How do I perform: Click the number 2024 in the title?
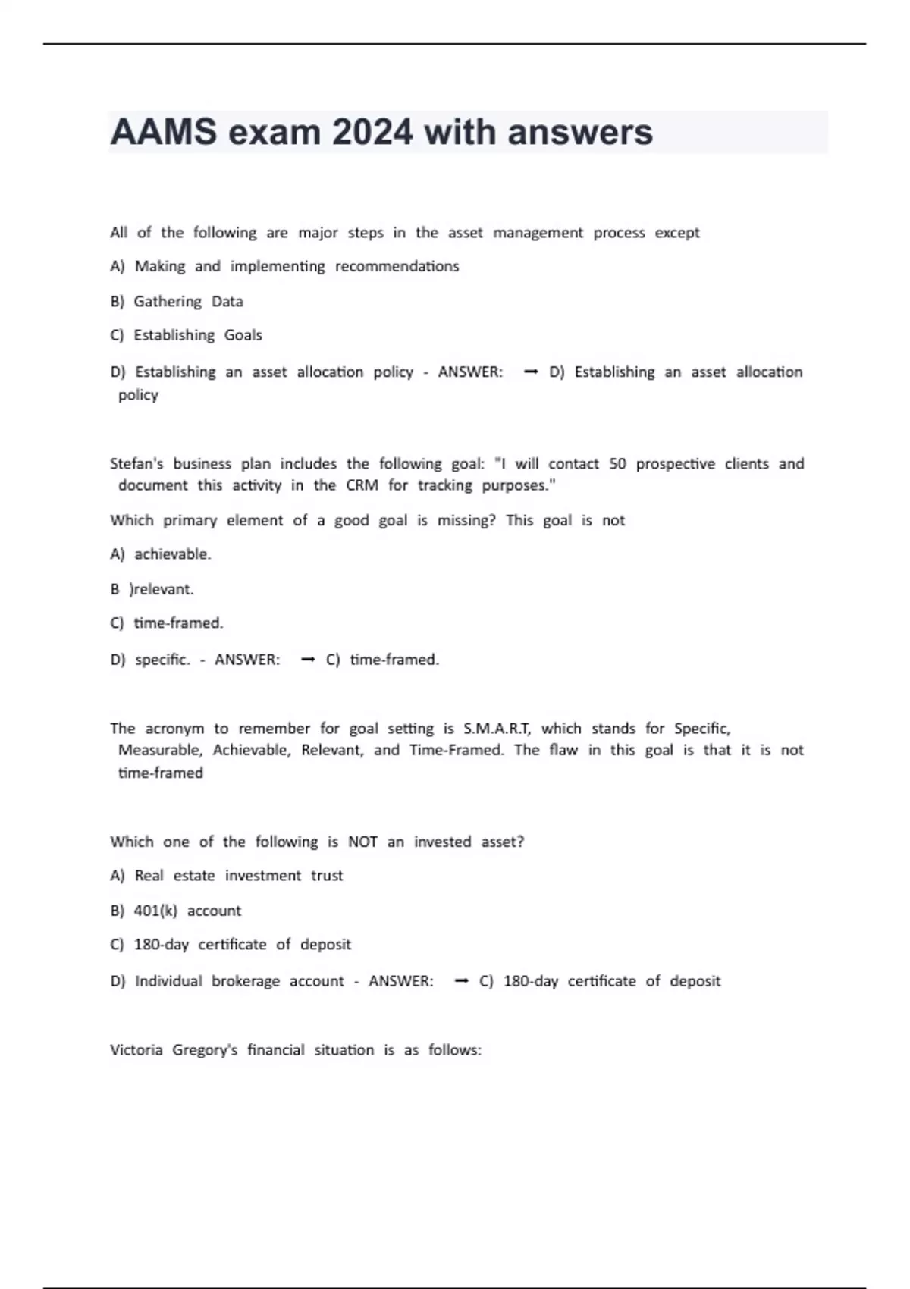pos(372,133)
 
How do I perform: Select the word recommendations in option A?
pos(397,266)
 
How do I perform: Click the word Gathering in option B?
pos(168,302)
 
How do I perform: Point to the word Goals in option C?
pos(243,335)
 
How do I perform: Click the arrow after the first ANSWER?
pos(531,372)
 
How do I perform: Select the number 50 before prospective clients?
pos(617,463)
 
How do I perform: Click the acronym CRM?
pos(362,485)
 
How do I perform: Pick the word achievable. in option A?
pos(173,554)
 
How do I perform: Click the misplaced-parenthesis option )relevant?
pos(162,589)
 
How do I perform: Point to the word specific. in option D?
pos(163,660)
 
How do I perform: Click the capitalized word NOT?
pos(362,842)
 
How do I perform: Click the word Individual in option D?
pos(168,981)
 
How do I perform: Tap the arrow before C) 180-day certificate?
pos(461,981)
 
